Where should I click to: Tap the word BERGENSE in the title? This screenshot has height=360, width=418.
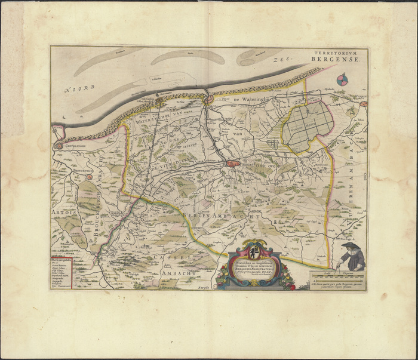coord(342,60)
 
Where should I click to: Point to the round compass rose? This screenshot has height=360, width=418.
coord(342,79)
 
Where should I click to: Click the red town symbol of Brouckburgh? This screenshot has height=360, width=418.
coord(90,177)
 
